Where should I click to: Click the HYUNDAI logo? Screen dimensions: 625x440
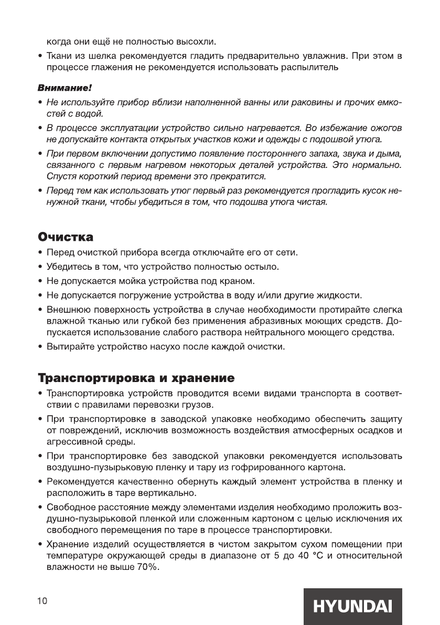click(352, 606)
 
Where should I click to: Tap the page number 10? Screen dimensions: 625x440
click(42, 601)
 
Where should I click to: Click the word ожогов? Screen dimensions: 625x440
click(384, 128)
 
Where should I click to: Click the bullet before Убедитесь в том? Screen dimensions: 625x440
click(41, 267)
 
